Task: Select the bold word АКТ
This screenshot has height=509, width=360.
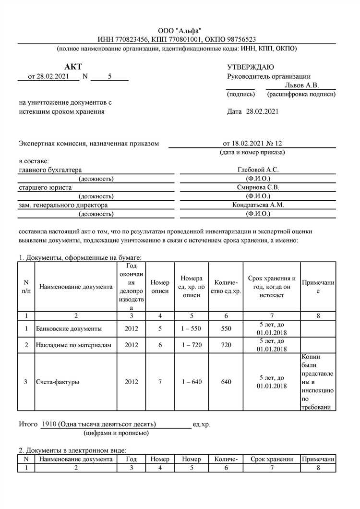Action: (73, 67)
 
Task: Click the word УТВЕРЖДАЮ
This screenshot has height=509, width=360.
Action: (251, 67)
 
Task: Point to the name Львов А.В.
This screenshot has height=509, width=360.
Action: (301, 85)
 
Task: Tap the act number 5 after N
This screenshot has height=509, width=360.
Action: (109, 76)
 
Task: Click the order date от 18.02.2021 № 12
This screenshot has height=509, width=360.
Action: (252, 143)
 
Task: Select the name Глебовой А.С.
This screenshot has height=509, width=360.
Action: (258, 170)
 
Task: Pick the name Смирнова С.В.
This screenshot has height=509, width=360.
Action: (258, 187)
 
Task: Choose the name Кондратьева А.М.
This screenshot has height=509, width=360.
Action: (258, 205)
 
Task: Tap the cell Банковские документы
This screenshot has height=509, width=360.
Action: (69, 329)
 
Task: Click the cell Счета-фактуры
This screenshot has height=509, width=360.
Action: (58, 382)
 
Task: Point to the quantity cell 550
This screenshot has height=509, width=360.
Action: (226, 329)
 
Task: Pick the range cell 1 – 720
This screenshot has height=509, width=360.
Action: (192, 345)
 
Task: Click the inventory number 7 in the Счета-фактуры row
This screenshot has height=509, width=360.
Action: (160, 382)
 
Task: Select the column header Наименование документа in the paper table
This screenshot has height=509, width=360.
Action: (76, 287)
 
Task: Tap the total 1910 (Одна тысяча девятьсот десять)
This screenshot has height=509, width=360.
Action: (99, 424)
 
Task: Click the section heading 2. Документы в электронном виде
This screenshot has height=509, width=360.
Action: (72, 450)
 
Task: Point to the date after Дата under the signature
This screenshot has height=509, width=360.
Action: (262, 111)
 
